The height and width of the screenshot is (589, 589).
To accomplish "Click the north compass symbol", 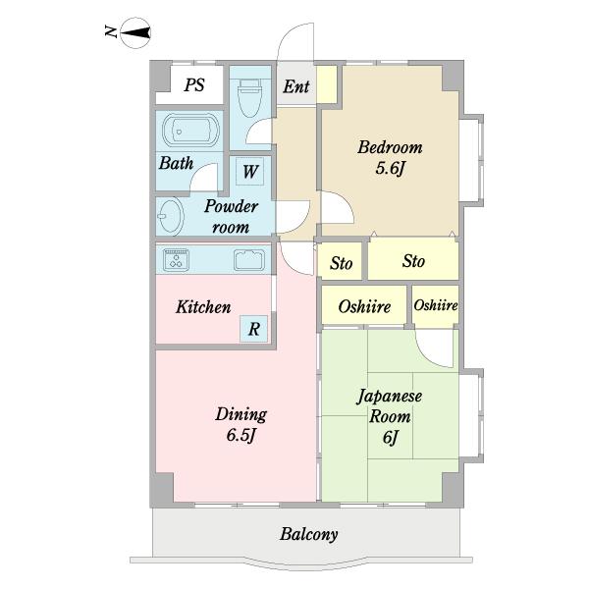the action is pyautogui.click(x=135, y=32).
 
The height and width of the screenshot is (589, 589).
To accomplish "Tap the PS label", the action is pyautogui.click(x=194, y=84).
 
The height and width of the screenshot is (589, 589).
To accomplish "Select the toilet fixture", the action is pyautogui.click(x=249, y=97).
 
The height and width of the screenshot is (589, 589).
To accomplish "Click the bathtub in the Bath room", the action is pyautogui.click(x=190, y=130).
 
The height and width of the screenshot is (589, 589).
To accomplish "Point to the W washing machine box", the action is pyautogui.click(x=249, y=171).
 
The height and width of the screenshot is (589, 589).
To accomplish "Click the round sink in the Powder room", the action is pyautogui.click(x=170, y=216).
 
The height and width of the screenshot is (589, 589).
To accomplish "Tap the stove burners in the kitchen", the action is pyautogui.click(x=176, y=259).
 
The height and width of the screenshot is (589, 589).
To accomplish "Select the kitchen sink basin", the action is pyautogui.click(x=249, y=259).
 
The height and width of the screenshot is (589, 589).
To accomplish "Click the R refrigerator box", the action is pyautogui.click(x=254, y=329).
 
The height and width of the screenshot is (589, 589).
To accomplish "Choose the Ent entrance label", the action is pyautogui.click(x=296, y=86).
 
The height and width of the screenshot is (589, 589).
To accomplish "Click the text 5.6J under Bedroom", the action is pyautogui.click(x=391, y=168).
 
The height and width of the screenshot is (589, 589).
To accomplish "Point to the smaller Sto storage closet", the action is pyautogui.click(x=341, y=261).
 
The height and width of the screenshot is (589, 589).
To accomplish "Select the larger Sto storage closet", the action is pyautogui.click(x=413, y=259).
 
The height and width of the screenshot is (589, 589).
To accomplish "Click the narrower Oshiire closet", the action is pyautogui.click(x=435, y=304).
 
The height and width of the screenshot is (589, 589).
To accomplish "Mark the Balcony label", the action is pyautogui.click(x=309, y=534).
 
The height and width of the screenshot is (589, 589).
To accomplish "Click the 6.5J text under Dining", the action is pyautogui.click(x=241, y=435).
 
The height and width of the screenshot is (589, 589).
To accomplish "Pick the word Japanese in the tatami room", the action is pyautogui.click(x=389, y=397).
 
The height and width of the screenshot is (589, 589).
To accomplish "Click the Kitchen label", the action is pyautogui.click(x=203, y=307).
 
